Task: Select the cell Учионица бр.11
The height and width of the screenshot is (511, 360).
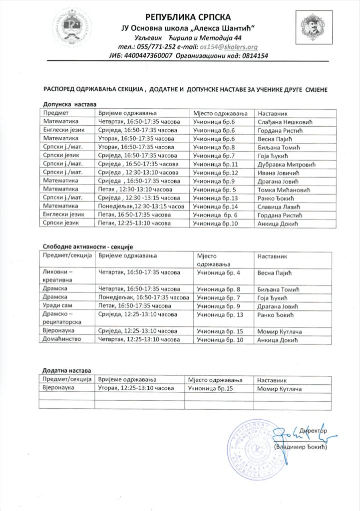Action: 215,164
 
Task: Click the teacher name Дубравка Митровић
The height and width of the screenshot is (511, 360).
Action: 284,164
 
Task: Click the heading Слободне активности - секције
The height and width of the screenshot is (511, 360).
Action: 87,247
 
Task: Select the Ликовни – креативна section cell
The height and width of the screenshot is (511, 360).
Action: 58,277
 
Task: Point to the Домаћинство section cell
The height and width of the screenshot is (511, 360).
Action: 63,340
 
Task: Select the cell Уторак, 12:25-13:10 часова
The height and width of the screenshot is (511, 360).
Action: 136,388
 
